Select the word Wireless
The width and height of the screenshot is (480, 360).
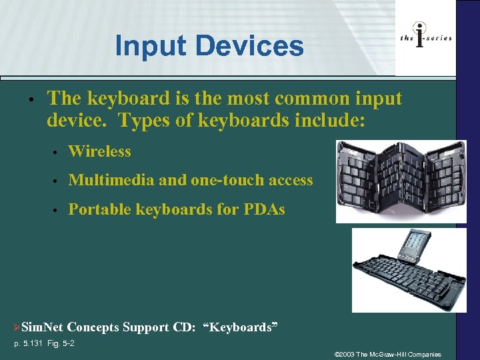click(99, 151)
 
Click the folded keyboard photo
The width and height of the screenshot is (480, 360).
click(400, 181)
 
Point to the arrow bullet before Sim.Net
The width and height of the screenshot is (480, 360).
click(17, 327)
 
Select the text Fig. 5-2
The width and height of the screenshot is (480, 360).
click(62, 343)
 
